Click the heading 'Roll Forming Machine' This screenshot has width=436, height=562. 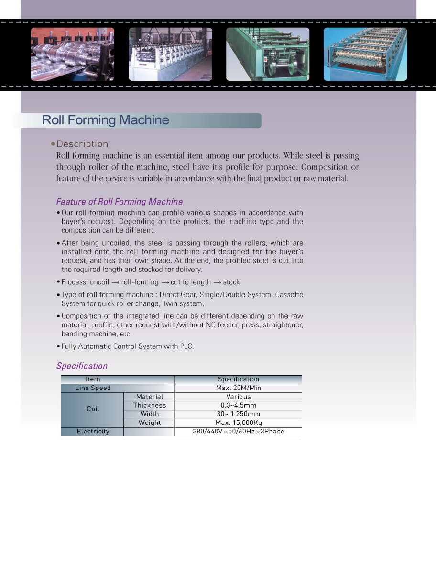pos(105,120)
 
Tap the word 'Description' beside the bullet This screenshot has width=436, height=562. pos(82,144)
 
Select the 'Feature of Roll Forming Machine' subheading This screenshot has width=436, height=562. pos(120,202)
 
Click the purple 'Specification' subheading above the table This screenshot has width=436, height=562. pos(82,366)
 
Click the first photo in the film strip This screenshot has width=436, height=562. pos(73,54)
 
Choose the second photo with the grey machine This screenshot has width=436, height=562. pos(170,54)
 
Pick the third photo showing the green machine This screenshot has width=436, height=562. pos(268,54)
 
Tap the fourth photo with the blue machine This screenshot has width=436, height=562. pos(365,54)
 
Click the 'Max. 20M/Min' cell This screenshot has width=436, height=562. pos(239,388)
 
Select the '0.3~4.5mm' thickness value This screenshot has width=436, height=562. pos(239,405)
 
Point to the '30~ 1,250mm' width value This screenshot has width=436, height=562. pos(239,414)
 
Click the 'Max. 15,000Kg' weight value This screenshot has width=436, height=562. pos(239,422)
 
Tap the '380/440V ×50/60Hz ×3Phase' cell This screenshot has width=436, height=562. pos(239,432)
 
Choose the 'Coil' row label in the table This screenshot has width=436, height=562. pos(93,409)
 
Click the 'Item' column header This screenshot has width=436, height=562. pos(93,379)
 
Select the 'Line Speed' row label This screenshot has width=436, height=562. pos(93,388)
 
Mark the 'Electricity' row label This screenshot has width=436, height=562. pos(93,432)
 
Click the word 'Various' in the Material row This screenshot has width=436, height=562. pos(239,397)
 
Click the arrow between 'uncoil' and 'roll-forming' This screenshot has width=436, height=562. pos(115,282)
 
